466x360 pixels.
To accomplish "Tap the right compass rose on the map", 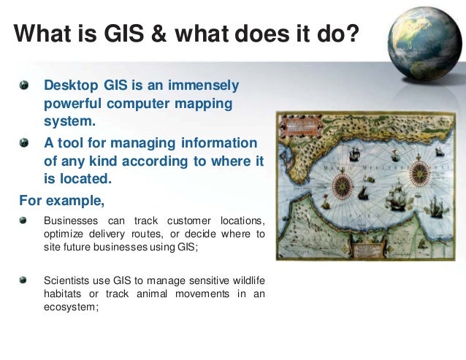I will click(419, 174).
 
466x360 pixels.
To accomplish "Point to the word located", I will click(88, 177).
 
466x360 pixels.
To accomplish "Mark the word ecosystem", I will click(72, 307).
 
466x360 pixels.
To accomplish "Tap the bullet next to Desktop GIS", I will click(26, 85).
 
